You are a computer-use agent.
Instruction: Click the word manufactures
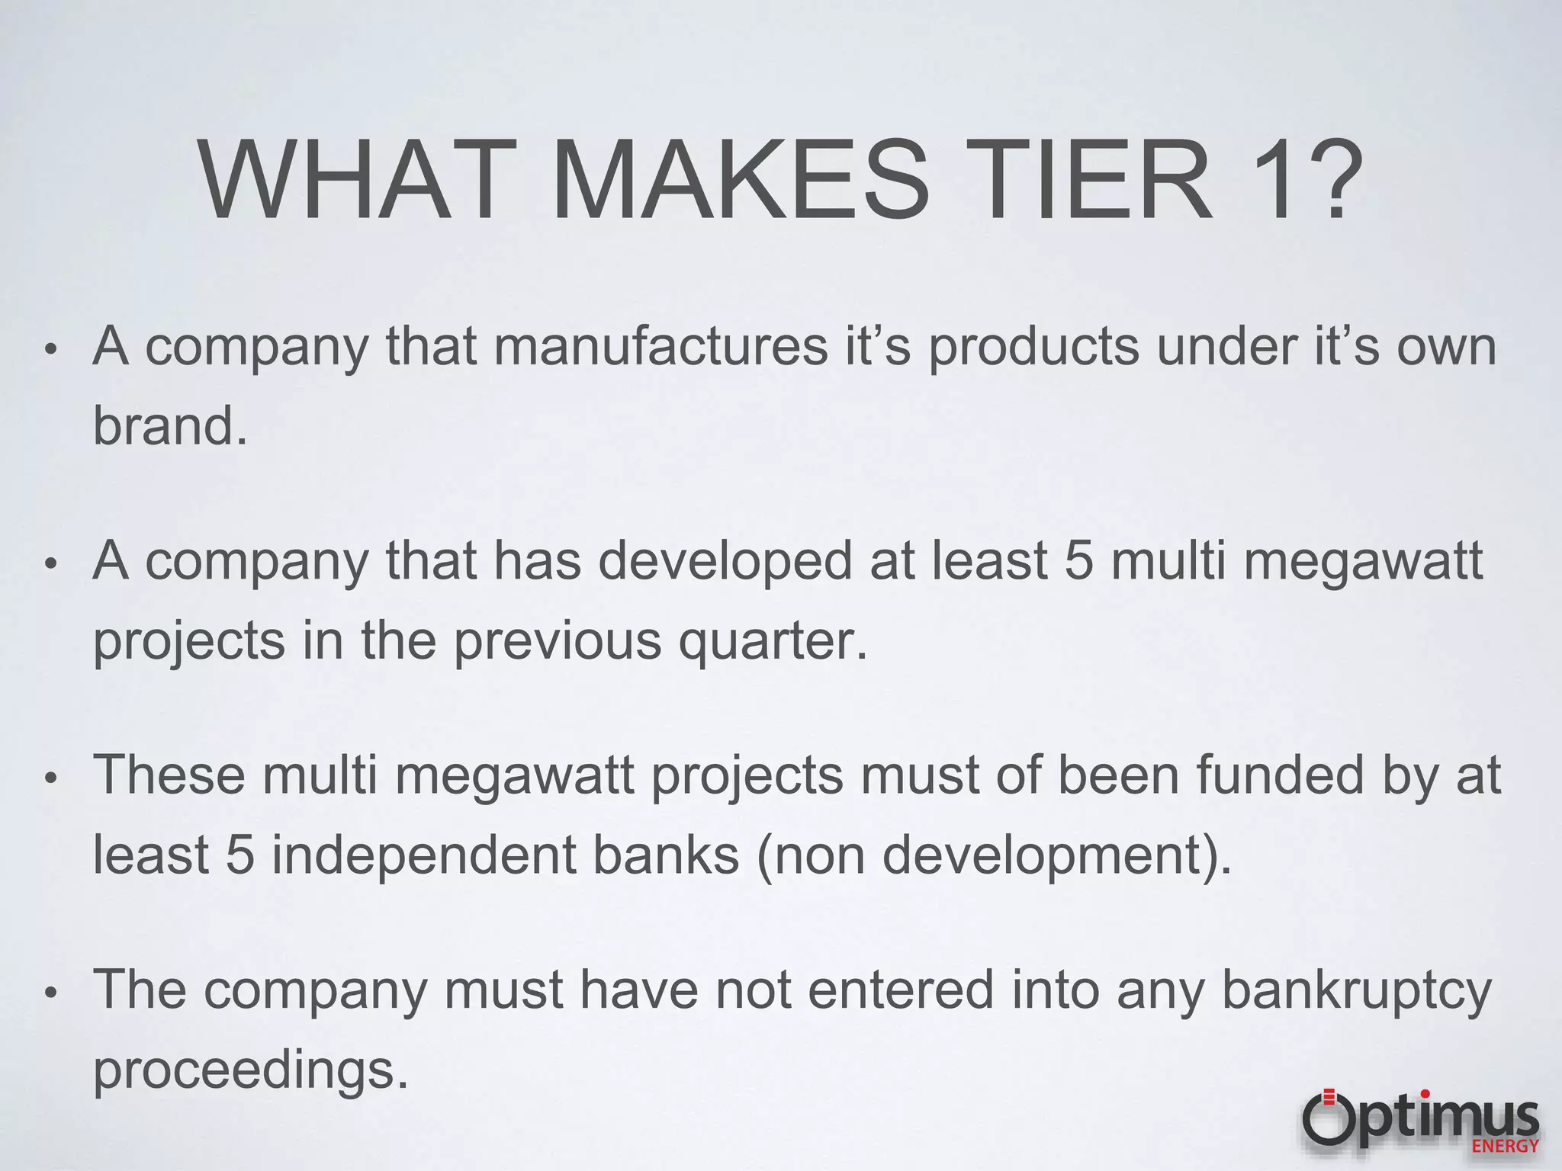[x=660, y=347]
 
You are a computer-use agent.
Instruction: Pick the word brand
[x=169, y=425]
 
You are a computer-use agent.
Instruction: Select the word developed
[x=724, y=561]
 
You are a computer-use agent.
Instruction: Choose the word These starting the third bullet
[x=169, y=775]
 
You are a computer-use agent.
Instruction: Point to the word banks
[x=666, y=855]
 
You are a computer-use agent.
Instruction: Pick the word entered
[x=901, y=990]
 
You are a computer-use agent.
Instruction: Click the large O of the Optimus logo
[x=1328, y=1119]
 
